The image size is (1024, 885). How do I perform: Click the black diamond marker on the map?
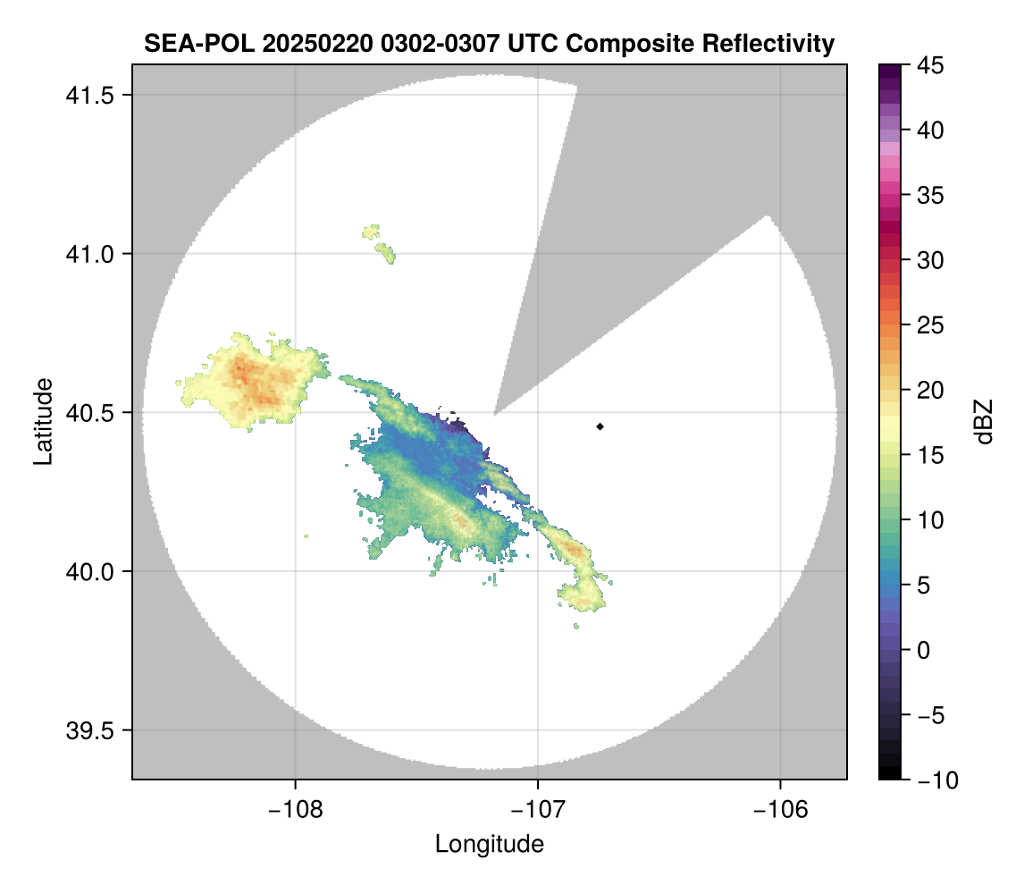pyautogui.click(x=600, y=426)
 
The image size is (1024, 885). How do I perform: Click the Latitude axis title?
pyautogui.click(x=42, y=421)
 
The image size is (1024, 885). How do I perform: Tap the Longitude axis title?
pyautogui.click(x=489, y=844)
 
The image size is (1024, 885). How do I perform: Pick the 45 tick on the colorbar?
pyautogui.click(x=929, y=65)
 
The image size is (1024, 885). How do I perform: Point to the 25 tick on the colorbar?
pyautogui.click(x=929, y=325)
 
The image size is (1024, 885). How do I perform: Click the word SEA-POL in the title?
pyautogui.click(x=188, y=43)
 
